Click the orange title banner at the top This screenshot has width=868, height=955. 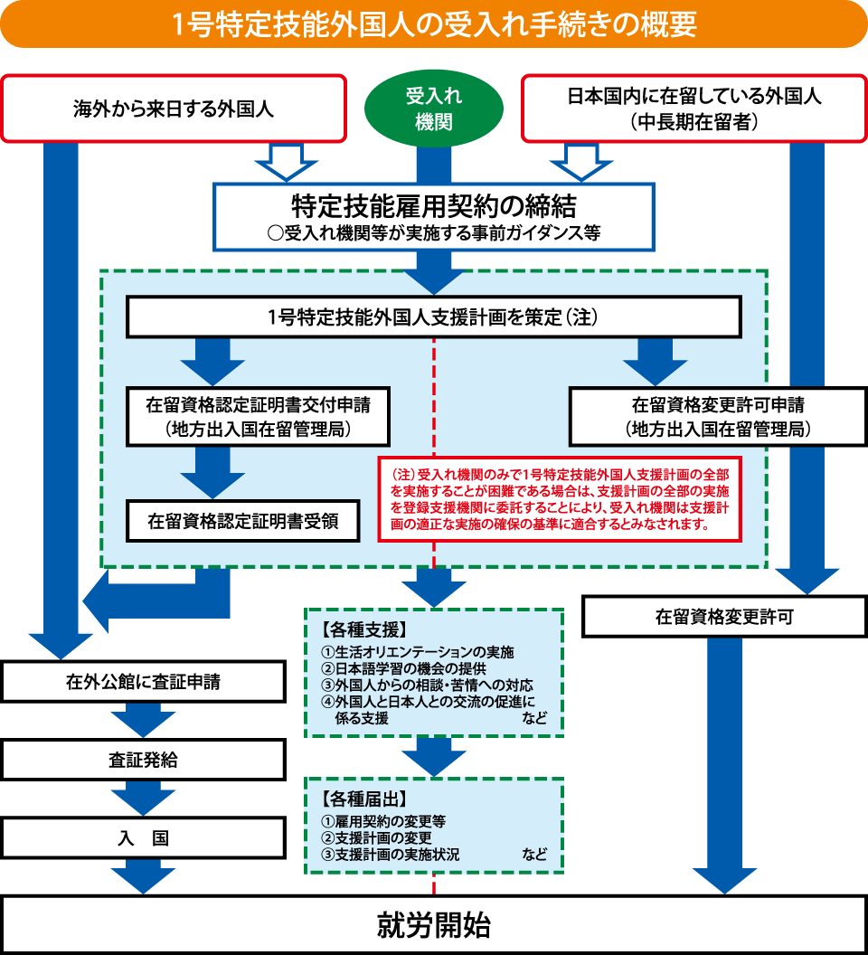[434, 24]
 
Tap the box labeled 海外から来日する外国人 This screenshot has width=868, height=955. [174, 109]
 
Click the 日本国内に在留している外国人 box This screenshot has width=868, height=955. [693, 109]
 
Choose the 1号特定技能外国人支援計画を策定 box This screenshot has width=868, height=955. [433, 317]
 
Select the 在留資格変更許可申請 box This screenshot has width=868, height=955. [717, 417]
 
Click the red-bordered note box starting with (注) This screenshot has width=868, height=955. [561, 498]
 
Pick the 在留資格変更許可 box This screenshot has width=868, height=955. [724, 617]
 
